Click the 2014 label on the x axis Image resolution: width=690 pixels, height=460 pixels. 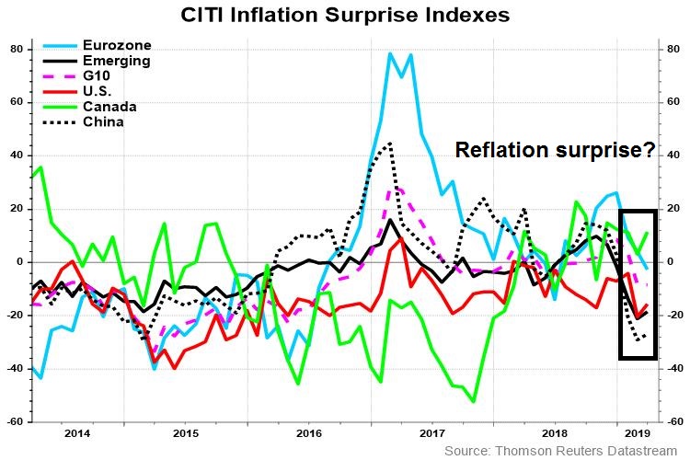pyautogui.click(x=77, y=431)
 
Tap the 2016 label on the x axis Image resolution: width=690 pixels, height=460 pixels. pyautogui.click(x=310, y=431)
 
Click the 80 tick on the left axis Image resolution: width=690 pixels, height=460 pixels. pyautogui.click(x=15, y=49)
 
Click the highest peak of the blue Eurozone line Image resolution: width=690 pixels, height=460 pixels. pyautogui.click(x=391, y=53)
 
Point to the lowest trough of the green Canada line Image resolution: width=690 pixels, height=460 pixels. pyautogui.click(x=473, y=401)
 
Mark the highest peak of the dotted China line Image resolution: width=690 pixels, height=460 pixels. pyautogui.click(x=390, y=143)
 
